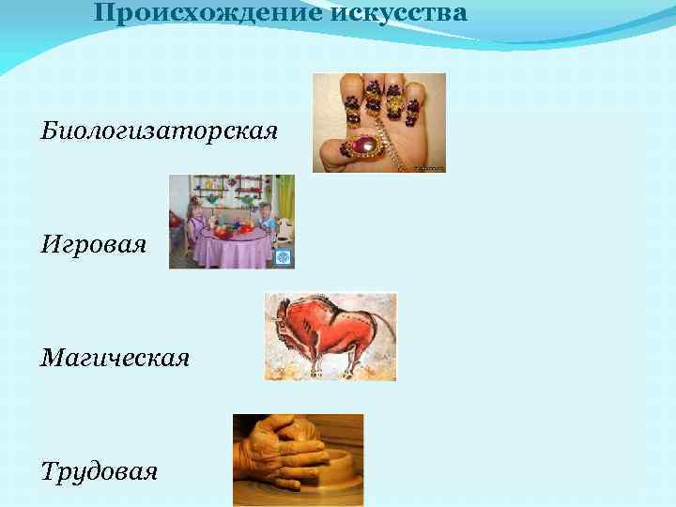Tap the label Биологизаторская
pyautogui.click(x=159, y=131)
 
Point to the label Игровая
pyautogui.click(x=93, y=246)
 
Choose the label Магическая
pyautogui.click(x=115, y=358)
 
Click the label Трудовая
pyautogui.click(x=99, y=470)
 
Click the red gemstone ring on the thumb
pyautogui.click(x=361, y=146)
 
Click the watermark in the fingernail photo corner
pyautogui.click(x=430, y=168)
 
